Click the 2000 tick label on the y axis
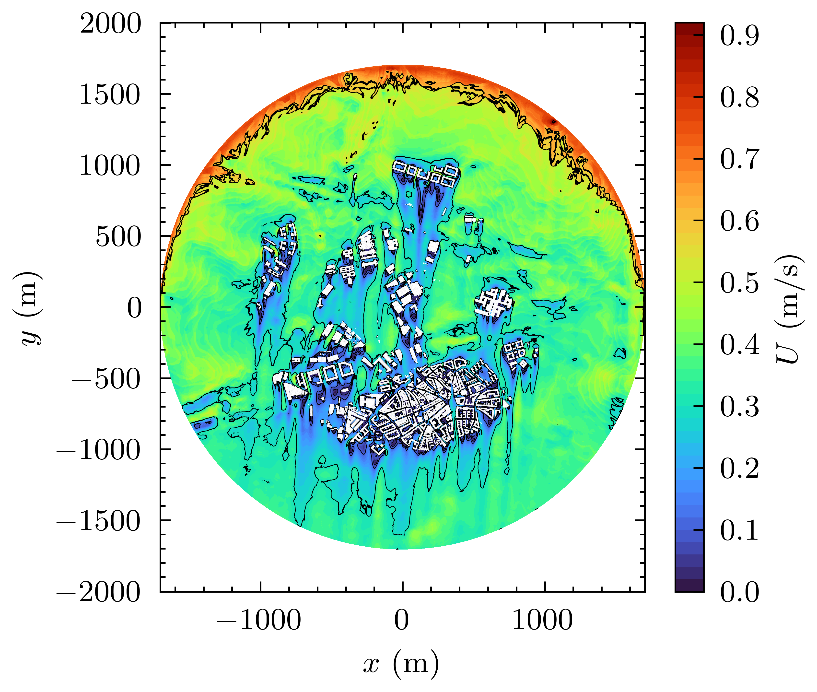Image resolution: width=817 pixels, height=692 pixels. click(110, 24)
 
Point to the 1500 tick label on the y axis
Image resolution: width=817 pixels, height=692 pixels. click(110, 95)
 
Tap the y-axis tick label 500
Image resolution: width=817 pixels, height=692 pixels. click(118, 237)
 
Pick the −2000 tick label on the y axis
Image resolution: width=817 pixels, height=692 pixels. click(98, 592)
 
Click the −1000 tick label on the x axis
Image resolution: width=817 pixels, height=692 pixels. click(259, 621)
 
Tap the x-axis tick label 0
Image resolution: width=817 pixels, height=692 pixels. click(402, 621)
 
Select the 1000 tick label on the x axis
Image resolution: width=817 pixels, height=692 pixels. click(543, 621)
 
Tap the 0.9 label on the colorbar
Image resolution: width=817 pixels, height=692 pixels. click(739, 36)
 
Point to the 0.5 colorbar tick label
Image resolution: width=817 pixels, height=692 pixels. click(739, 283)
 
